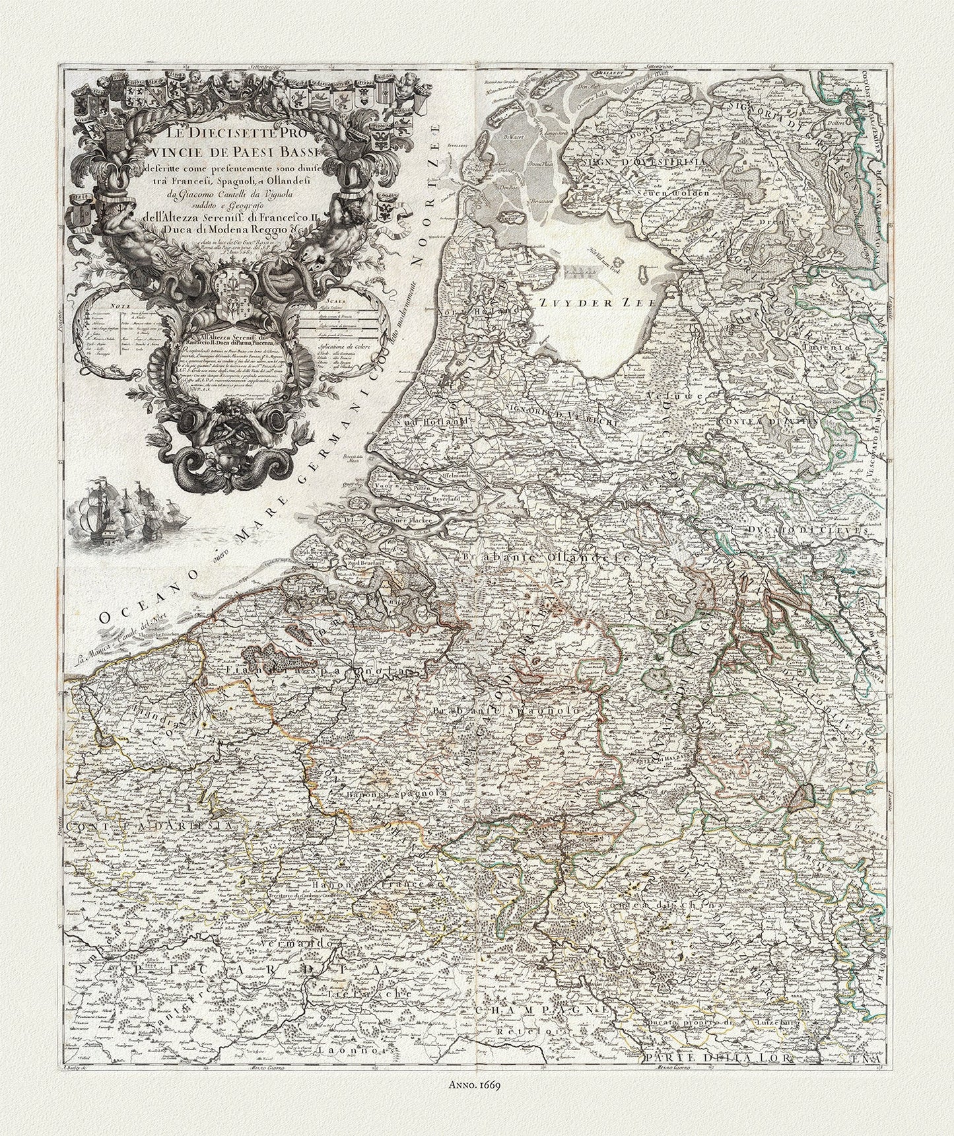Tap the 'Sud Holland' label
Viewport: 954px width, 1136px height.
[438, 420]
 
